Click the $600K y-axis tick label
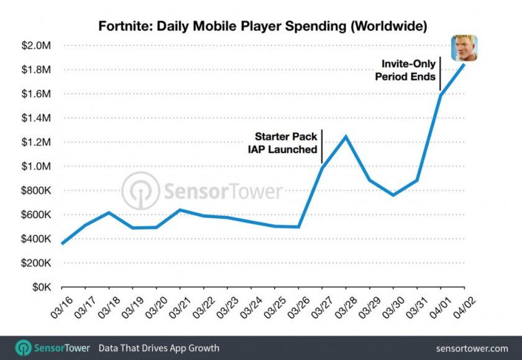[x=39, y=215]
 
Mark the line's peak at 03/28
[x=345, y=136]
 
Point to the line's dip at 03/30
[x=393, y=195]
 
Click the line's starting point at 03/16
[x=62, y=244]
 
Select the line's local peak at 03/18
[x=109, y=213]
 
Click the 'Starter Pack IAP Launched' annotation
[x=286, y=142]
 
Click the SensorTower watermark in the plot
[x=202, y=190]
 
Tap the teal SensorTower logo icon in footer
[x=23, y=348]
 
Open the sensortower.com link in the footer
[x=472, y=348]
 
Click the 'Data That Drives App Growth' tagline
[x=158, y=348]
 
